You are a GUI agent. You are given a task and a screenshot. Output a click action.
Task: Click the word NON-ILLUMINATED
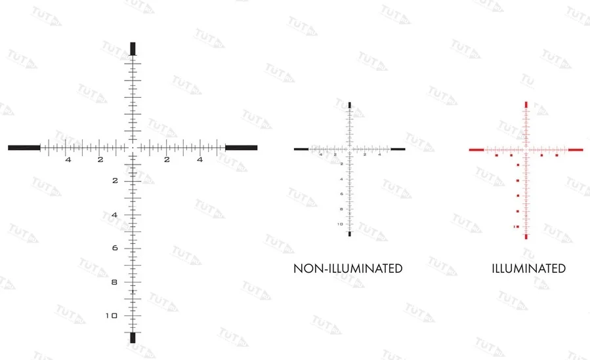tap(347, 268)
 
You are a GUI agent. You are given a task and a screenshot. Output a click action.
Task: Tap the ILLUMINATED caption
tap(528, 268)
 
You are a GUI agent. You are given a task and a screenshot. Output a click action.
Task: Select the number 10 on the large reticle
tap(112, 315)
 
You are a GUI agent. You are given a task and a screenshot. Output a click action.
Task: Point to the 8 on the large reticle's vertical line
tap(114, 282)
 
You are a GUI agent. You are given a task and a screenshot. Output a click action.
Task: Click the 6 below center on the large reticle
tap(114, 248)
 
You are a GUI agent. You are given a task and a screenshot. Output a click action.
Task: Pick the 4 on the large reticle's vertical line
tap(114, 214)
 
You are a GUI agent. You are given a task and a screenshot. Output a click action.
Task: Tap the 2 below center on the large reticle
tap(114, 180)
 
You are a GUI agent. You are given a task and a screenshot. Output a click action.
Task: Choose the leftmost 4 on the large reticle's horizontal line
tap(68, 159)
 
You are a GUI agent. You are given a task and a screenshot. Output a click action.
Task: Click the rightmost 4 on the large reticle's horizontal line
tap(200, 159)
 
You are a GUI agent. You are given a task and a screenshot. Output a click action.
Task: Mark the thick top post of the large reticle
tap(133, 49)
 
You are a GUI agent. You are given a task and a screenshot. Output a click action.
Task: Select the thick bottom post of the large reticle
tap(133, 337)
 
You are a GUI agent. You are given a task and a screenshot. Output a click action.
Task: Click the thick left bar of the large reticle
tap(24, 148)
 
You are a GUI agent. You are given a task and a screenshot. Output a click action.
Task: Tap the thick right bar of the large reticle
tap(241, 148)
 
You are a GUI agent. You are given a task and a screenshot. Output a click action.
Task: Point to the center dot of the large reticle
tap(133, 148)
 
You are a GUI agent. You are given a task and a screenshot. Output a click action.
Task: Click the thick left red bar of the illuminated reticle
tap(476, 150)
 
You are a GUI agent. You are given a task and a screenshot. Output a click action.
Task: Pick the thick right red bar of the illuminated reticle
tap(576, 150)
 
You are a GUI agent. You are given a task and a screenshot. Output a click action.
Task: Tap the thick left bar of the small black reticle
tap(301, 150)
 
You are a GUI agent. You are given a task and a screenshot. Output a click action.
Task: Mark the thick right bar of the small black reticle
tap(398, 150)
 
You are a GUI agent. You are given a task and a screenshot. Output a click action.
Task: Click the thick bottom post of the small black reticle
tap(350, 233)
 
